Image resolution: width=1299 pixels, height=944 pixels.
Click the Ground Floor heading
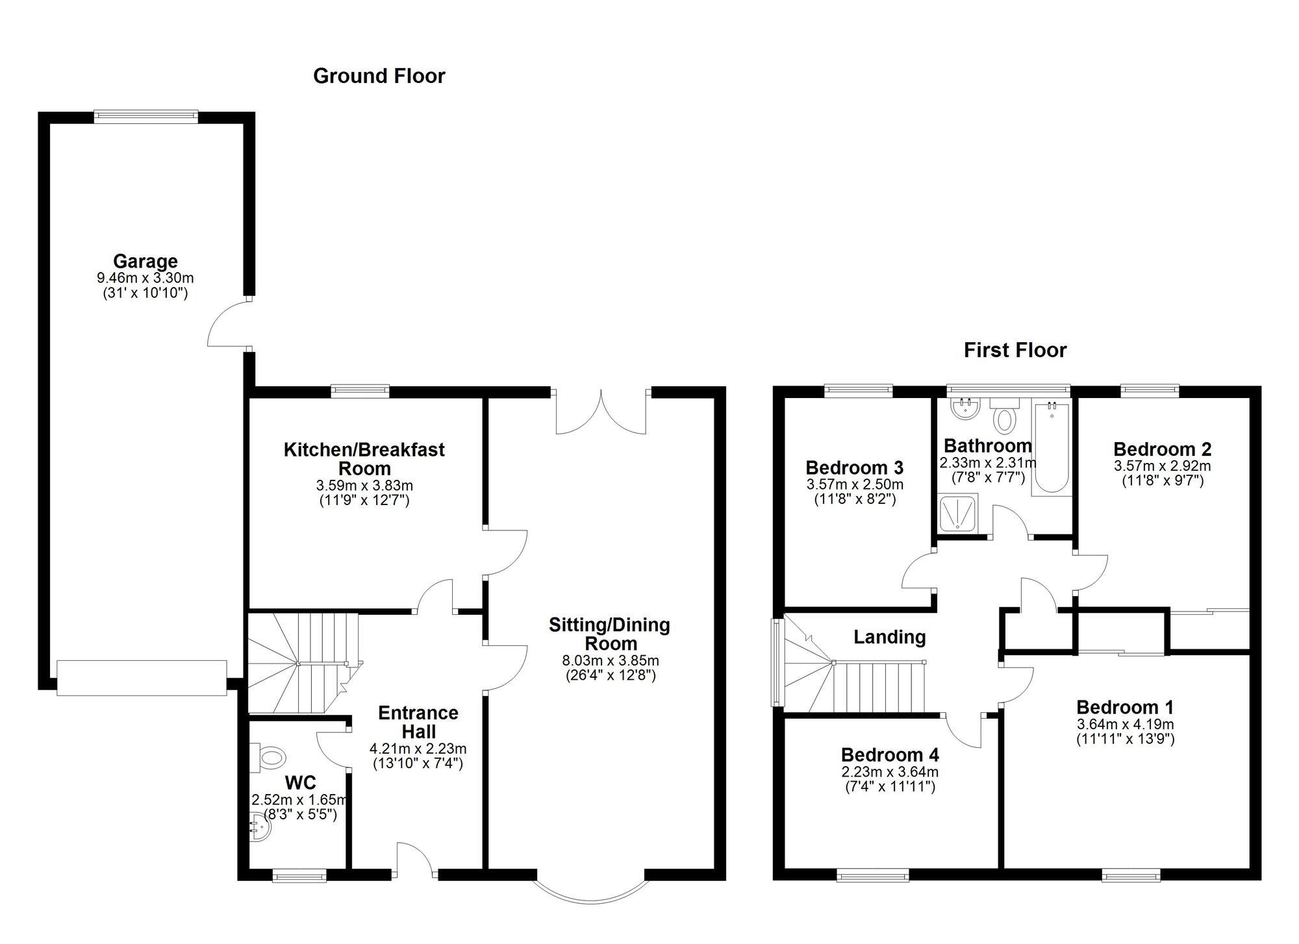pyautogui.click(x=379, y=76)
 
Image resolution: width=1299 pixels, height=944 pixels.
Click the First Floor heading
pyautogui.click(x=1015, y=351)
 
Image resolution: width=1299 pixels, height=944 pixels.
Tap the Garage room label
pyautogui.click(x=145, y=261)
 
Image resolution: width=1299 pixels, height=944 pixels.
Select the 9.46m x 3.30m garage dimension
pyautogui.click(x=145, y=278)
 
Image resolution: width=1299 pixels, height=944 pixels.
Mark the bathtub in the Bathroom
pyautogui.click(x=1052, y=448)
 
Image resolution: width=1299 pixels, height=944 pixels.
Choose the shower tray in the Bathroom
pyautogui.click(x=958, y=514)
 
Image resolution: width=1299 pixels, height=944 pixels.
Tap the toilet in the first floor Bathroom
pyautogui.click(x=1005, y=416)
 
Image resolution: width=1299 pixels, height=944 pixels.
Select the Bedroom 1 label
pyautogui.click(x=1125, y=707)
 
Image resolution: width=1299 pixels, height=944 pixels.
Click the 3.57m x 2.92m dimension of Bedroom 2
pyautogui.click(x=1163, y=466)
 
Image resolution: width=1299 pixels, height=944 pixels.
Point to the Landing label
pyautogui.click(x=889, y=637)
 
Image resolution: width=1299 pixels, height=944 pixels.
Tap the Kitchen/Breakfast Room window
pyautogui.click(x=360, y=390)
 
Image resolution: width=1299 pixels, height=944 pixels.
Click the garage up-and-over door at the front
pyautogui.click(x=142, y=678)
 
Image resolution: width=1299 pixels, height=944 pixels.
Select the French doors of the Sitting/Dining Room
pyautogui.click(x=601, y=412)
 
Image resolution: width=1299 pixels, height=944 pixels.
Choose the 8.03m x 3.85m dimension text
pyautogui.click(x=611, y=661)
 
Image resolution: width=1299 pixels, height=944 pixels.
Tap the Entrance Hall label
pyautogui.click(x=418, y=722)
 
